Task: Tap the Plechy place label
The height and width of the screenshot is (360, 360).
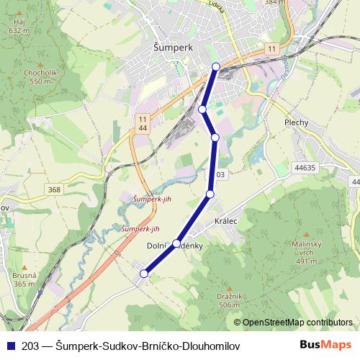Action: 296,122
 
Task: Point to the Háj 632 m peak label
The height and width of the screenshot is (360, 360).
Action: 18,26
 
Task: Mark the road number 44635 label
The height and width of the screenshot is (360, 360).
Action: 305,167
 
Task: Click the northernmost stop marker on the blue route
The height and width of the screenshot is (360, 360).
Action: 216,67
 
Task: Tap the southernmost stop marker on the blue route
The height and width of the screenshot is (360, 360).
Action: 144,274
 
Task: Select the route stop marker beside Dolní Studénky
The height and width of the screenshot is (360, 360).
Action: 176,243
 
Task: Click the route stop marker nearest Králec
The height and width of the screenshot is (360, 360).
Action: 210,194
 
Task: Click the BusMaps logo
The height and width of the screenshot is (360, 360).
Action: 325,344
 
